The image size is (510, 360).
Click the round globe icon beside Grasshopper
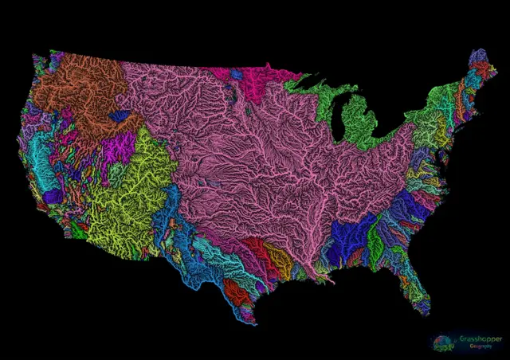(442, 343)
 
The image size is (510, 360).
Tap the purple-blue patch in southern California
(52, 196)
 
